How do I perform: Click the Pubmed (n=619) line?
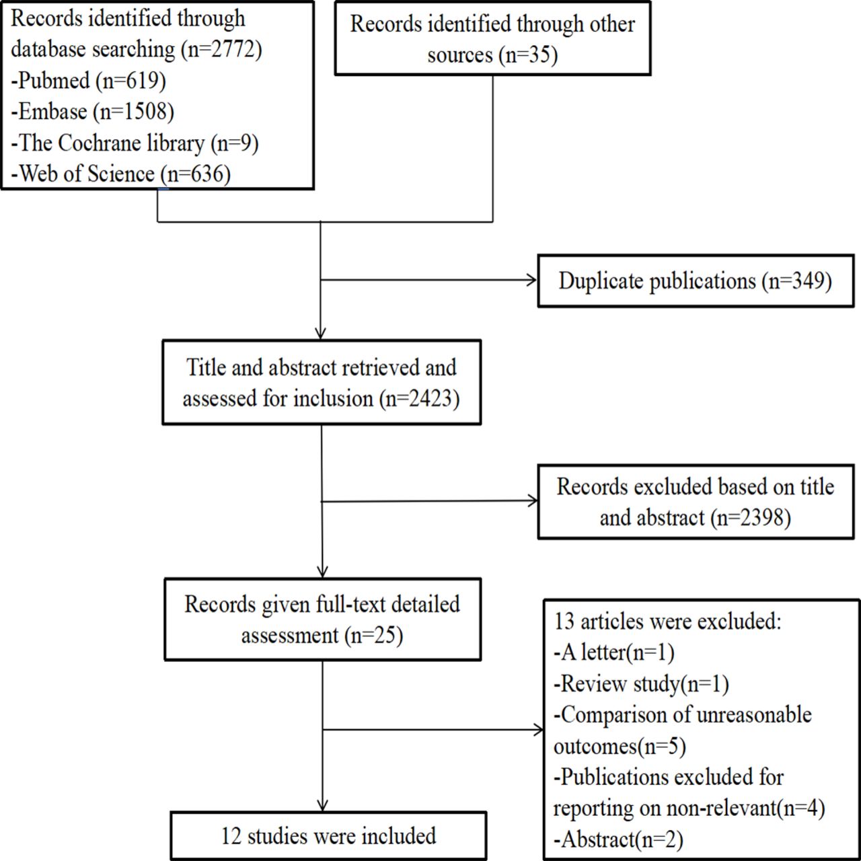[89, 81]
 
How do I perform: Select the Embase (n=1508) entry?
[92, 112]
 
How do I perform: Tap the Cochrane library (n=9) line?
[135, 143]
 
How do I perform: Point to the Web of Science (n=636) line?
[120, 174]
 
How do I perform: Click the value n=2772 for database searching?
[222, 49]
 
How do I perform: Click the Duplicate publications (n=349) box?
[696, 281]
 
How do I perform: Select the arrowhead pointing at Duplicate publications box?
[531, 280]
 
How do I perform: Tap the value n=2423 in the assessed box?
[420, 398]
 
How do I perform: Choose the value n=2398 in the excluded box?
[753, 518]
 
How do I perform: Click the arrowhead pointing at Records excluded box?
[533, 500]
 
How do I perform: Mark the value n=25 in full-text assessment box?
[373, 635]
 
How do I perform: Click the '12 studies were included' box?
[328, 836]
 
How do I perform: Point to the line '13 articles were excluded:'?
[667, 622]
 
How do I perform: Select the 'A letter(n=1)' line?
[614, 652]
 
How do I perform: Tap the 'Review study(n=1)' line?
[641, 684]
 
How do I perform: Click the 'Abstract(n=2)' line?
[618, 839]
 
